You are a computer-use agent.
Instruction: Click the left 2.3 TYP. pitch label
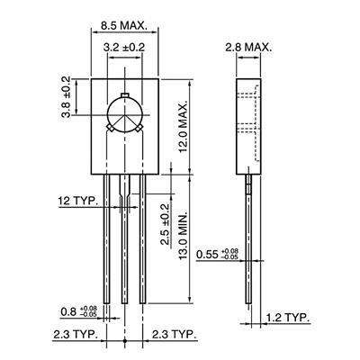(x=75, y=336)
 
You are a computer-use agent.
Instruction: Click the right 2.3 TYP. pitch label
(x=172, y=336)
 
